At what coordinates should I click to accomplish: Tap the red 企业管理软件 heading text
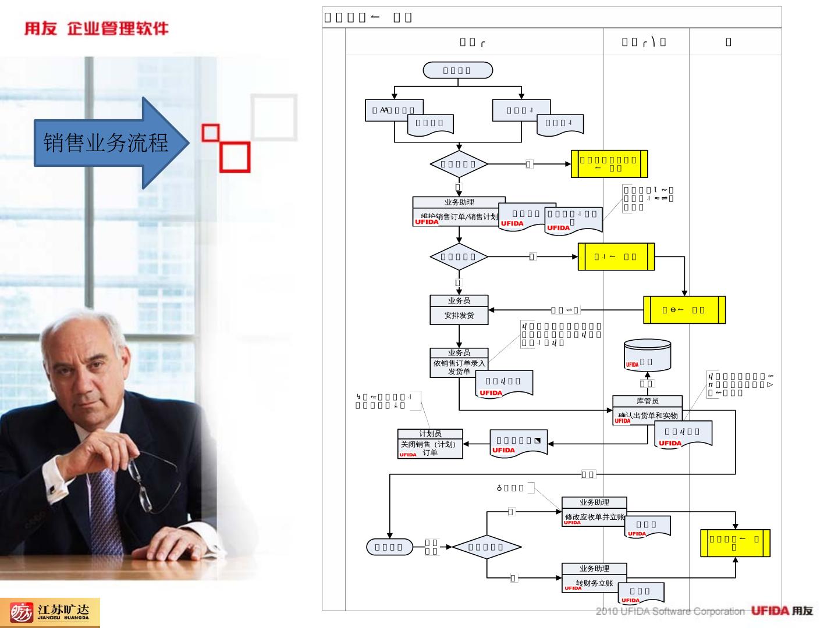coord(118,28)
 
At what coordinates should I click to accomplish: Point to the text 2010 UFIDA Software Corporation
coord(670,611)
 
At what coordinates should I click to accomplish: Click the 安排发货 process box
coord(459,315)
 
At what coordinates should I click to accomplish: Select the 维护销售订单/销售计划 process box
coord(459,216)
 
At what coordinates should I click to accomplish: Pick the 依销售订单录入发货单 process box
coord(459,367)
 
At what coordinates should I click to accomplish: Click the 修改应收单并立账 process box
coord(594,516)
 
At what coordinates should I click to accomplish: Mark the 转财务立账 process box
coord(594,583)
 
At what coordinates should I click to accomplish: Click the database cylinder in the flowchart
coord(647,356)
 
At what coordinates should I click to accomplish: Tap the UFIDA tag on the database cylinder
coord(632,365)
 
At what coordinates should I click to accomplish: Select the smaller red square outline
coord(210,133)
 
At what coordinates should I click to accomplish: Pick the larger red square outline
coord(235,156)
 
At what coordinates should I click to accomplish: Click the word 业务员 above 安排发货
coord(459,301)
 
